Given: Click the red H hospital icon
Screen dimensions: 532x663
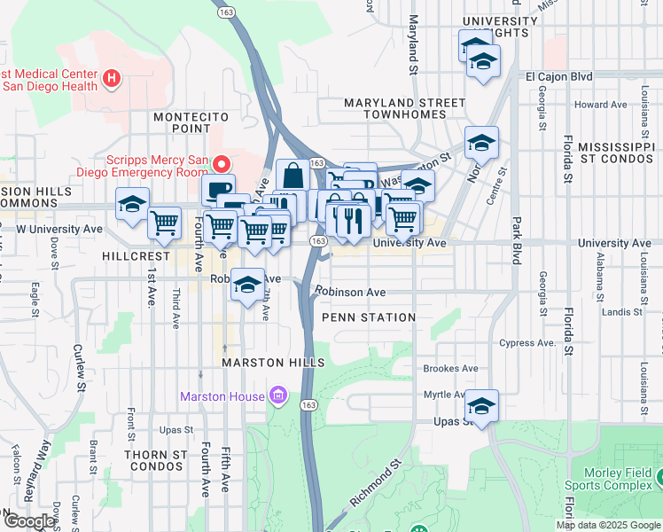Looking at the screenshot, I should (x=112, y=79).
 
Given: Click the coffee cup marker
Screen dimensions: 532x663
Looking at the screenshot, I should (x=218, y=189).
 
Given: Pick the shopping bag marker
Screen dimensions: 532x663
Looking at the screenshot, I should (x=292, y=176).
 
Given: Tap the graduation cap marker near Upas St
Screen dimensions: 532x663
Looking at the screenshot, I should (x=482, y=406).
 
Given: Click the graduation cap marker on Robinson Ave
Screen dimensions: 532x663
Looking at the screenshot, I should (x=248, y=284).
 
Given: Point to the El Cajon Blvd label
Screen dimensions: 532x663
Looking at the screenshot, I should (x=558, y=77).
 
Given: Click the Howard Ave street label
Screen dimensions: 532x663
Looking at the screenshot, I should (x=600, y=105).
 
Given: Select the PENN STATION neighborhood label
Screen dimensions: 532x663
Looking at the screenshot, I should (x=369, y=317).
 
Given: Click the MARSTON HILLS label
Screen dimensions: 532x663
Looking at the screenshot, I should (x=261, y=364).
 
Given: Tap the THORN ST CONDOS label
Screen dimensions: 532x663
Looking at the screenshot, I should (x=157, y=460).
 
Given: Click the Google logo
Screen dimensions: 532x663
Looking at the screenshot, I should (x=29, y=521).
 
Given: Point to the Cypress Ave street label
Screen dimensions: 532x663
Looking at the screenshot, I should (x=527, y=343).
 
